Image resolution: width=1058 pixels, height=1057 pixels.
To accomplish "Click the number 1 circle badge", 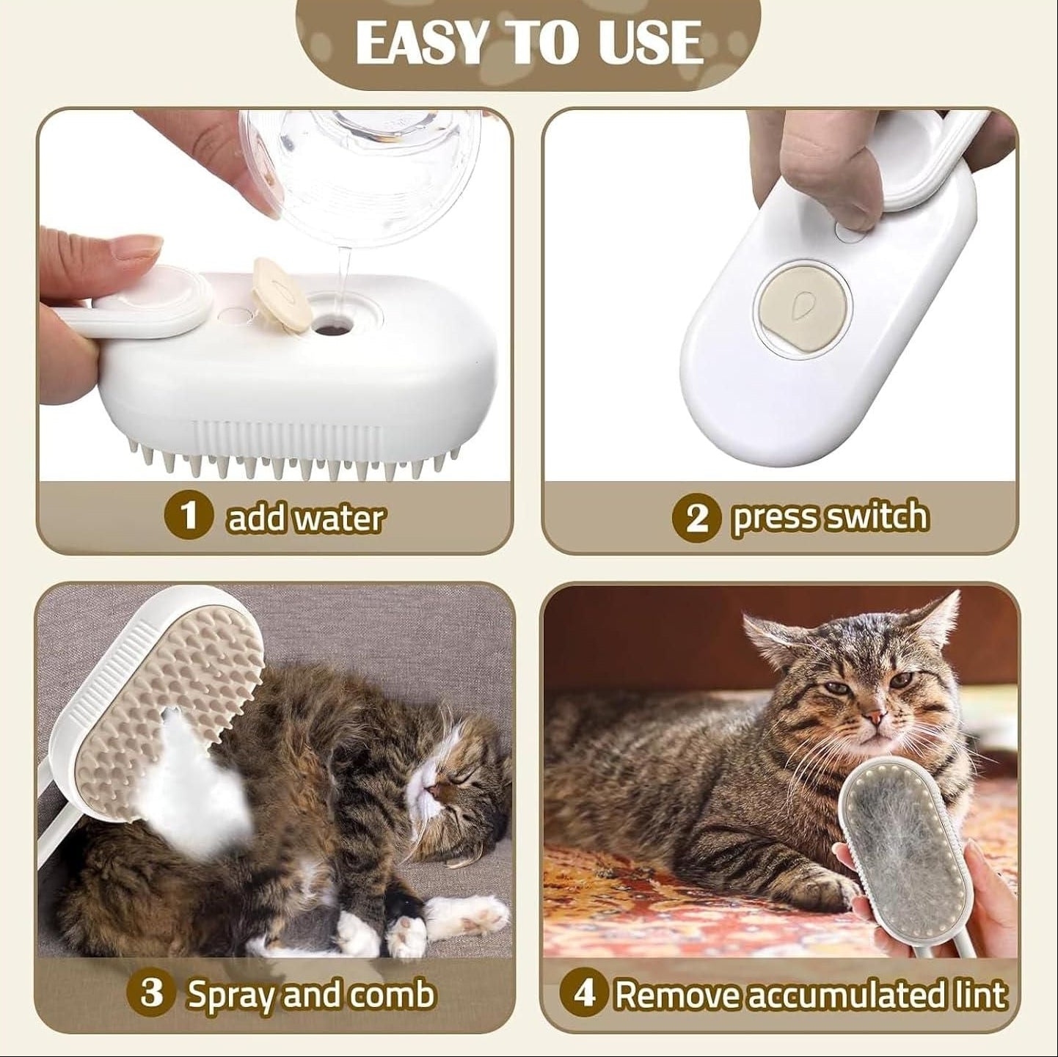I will pyautogui.click(x=189, y=516).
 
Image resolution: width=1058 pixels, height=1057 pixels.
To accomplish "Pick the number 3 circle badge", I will pyautogui.click(x=150, y=993).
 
